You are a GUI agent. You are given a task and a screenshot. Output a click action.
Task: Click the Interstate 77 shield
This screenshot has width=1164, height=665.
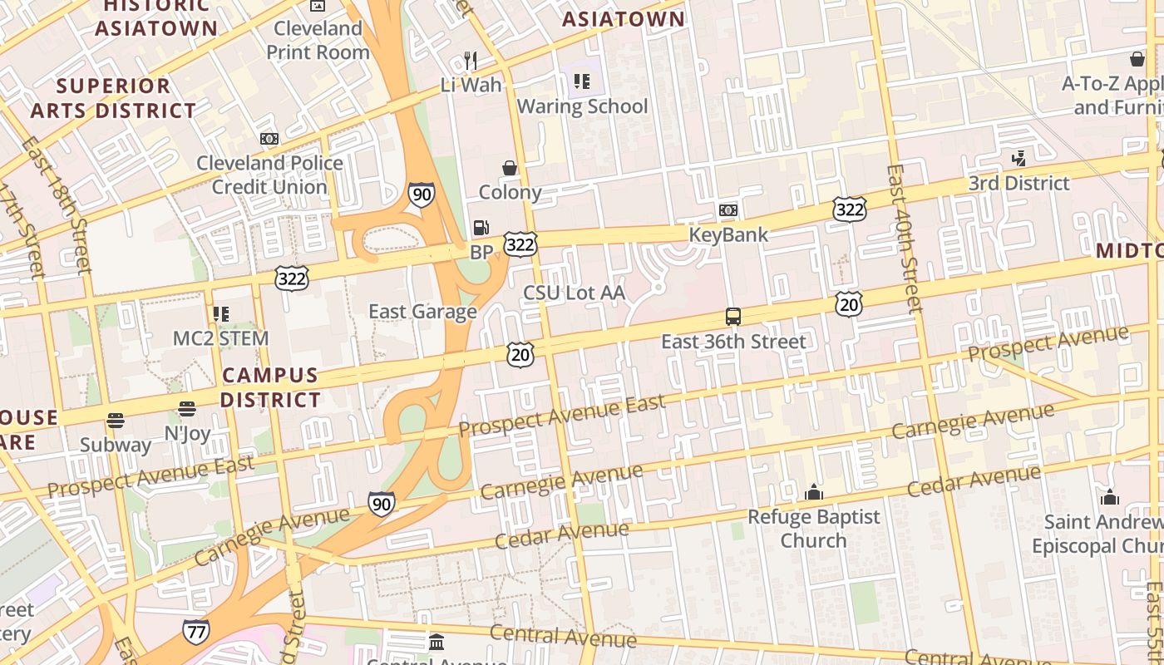click(x=195, y=632)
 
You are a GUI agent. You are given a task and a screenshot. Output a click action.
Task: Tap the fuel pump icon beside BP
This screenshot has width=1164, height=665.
click(x=481, y=227)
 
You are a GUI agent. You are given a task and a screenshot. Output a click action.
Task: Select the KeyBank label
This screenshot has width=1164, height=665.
click(x=728, y=235)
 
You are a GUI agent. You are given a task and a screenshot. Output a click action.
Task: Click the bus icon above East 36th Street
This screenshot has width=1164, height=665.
click(x=732, y=317)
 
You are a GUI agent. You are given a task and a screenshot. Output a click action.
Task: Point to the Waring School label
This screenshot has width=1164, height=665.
click(x=582, y=106)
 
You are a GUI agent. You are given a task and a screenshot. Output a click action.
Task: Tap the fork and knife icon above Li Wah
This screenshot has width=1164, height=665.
click(x=471, y=60)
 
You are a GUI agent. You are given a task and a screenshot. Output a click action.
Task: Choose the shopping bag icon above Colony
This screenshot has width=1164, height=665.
click(x=510, y=168)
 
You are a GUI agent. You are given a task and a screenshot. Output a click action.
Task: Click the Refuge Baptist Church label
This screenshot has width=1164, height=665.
click(x=813, y=529)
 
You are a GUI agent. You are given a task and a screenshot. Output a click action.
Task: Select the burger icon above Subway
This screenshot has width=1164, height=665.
click(x=116, y=421)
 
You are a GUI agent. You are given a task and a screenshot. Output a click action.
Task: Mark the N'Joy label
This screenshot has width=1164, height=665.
click(x=187, y=433)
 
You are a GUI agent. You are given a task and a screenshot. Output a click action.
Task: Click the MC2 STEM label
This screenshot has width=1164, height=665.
click(x=220, y=338)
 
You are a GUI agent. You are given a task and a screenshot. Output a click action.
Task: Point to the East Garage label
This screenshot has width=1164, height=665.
click(x=422, y=312)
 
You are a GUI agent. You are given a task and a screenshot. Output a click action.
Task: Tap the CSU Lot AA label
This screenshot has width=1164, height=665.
click(x=574, y=293)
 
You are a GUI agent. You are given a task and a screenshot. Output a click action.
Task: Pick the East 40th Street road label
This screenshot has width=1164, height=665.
click(x=904, y=238)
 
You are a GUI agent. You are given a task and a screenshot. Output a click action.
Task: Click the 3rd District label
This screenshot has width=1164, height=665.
click(x=1018, y=183)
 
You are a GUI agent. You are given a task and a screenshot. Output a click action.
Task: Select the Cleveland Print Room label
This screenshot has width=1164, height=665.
click(x=318, y=40)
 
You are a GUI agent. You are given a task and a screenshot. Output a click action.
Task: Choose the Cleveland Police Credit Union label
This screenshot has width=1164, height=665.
click(x=269, y=175)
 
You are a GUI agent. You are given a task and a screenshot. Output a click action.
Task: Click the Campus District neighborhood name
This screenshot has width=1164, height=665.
click(x=270, y=387)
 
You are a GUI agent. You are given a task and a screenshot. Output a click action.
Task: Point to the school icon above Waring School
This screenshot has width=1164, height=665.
click(x=582, y=81)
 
